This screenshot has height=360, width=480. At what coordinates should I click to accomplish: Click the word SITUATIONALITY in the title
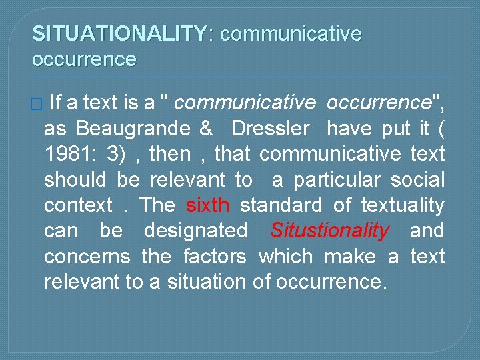(120, 33)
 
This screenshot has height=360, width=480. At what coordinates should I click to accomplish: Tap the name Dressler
(270, 129)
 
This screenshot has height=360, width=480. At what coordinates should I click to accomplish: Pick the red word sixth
(208, 205)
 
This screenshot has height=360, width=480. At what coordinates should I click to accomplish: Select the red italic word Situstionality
(329, 231)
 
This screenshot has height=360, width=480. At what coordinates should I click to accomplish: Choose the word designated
(195, 231)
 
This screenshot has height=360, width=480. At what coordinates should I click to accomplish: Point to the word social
(418, 180)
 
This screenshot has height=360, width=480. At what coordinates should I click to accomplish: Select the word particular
(335, 180)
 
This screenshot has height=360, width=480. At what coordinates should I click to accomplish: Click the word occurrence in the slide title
(84, 59)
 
